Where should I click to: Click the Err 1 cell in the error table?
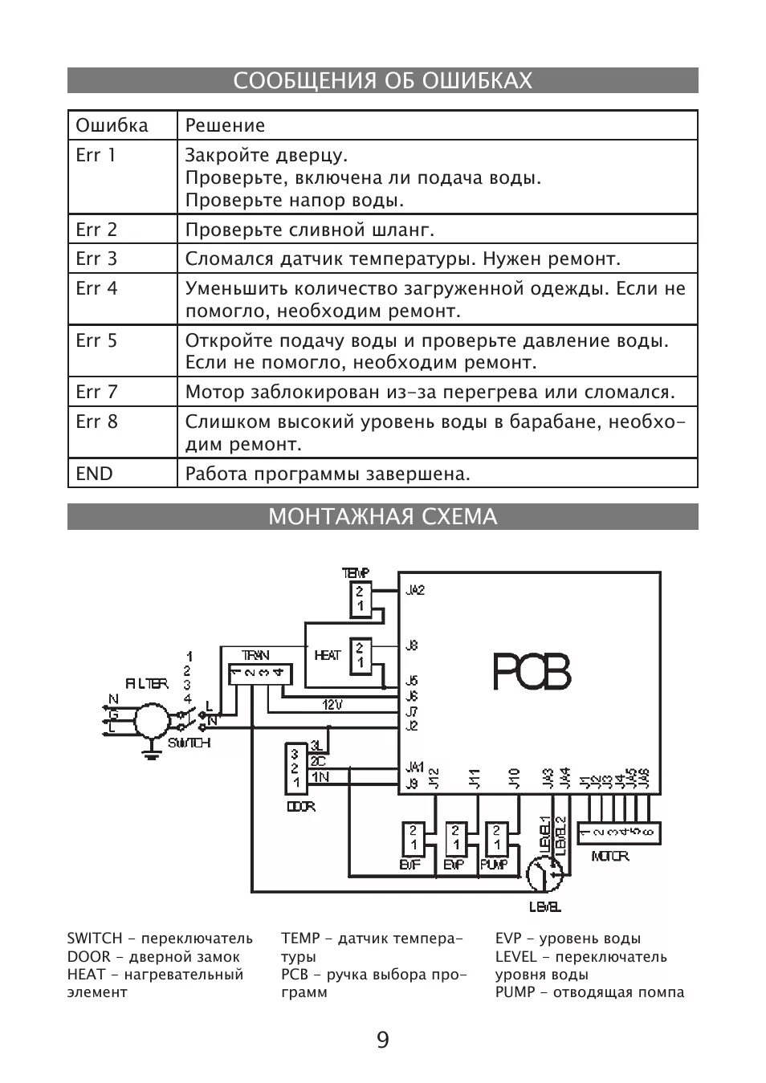tap(96, 155)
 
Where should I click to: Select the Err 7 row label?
tap(96, 392)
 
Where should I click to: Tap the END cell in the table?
tap(95, 474)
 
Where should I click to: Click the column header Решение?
tap(225, 125)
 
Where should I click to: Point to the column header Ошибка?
tap(112, 125)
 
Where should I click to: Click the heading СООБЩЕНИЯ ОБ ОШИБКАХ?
tap(382, 81)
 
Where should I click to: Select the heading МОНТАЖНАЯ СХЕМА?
tap(382, 516)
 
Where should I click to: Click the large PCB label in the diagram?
tap(532, 673)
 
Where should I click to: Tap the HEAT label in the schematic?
tap(328, 655)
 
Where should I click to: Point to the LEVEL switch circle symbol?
tap(546, 873)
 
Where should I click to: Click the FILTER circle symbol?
tap(153, 720)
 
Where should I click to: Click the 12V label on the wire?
tap(332, 705)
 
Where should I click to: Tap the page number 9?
tap(382, 1040)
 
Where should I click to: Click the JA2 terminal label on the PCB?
tap(415, 590)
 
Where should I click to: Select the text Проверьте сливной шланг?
tap(310, 230)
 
